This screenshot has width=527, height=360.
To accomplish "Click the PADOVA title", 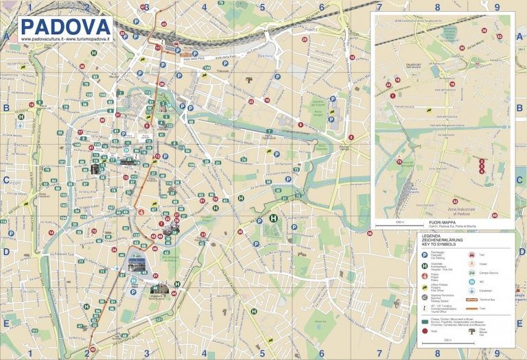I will click(65, 26).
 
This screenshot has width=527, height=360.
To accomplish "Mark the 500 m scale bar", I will click(446, 344).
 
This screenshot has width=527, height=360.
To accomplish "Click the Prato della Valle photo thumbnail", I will click(137, 263).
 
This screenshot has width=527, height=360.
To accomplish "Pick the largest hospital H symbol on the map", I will click(273, 220).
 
